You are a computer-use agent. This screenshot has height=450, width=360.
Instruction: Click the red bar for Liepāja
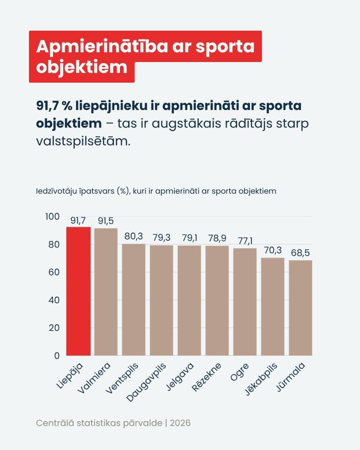(78, 291)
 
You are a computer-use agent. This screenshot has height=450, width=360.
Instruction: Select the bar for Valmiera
(106, 292)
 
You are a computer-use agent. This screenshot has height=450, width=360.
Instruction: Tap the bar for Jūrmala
(300, 308)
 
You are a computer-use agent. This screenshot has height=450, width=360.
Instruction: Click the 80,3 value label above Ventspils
(134, 236)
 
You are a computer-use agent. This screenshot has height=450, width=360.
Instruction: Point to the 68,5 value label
(301, 253)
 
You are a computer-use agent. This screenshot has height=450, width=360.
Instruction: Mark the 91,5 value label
(106, 221)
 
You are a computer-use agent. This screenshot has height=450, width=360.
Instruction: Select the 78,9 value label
(217, 238)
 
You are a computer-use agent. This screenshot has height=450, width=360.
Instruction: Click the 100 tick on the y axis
(52, 217)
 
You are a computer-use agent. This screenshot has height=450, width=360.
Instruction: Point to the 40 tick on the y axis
(54, 300)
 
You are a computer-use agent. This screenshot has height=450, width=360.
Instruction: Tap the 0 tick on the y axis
(57, 356)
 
